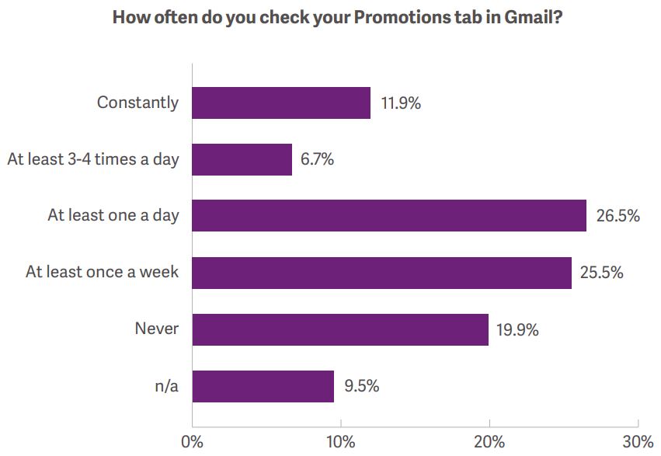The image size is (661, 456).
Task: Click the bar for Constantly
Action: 281,103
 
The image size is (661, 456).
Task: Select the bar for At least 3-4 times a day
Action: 242,159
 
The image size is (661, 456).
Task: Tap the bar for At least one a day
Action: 389,215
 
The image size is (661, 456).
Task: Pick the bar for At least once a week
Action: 382,273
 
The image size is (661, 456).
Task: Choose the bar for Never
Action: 340,329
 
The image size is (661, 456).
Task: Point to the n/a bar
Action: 263,386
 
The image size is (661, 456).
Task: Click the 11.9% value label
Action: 401,103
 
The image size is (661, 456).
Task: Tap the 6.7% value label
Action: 317,159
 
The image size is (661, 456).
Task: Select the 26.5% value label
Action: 618,216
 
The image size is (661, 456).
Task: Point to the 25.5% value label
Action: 601,273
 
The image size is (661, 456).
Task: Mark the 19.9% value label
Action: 517,330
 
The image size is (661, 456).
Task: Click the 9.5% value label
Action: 362,386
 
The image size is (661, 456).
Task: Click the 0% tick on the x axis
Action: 192,442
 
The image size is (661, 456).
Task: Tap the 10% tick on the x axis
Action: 341,442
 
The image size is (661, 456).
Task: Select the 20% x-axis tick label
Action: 489,442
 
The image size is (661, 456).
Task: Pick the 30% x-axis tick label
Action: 638,442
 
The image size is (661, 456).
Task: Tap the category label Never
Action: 157,329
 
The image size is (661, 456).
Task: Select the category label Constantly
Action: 137,103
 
